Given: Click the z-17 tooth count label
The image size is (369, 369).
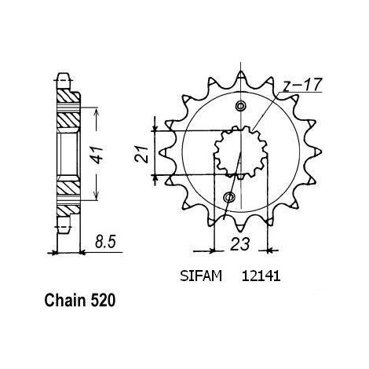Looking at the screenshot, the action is [303, 85].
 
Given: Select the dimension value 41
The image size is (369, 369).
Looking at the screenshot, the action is [98, 155].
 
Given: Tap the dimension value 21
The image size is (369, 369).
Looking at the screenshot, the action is [142, 155].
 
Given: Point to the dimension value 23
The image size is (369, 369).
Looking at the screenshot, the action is [240, 244].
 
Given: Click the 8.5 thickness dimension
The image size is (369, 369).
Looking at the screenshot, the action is [105, 243].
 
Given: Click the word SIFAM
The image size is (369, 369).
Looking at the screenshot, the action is [201, 276].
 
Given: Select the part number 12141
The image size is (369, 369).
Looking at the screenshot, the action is [261, 276].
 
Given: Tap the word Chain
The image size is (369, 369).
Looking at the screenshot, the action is [65, 301].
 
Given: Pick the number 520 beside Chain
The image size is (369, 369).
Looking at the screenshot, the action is [103, 301].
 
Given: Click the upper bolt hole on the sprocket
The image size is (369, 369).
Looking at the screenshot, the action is [240, 106].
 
